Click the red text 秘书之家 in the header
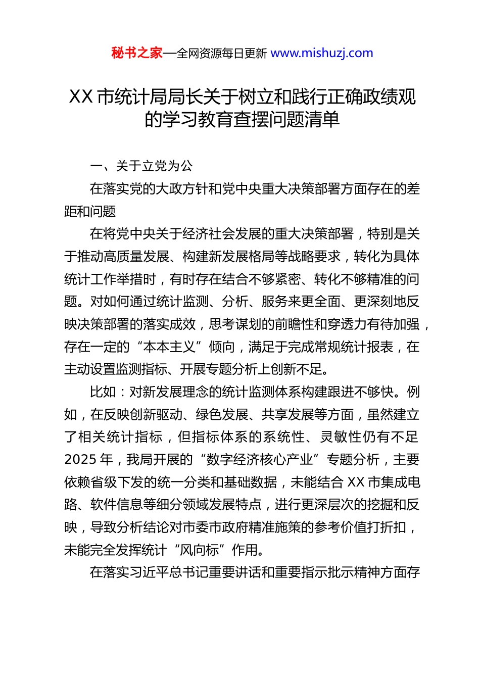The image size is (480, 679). (x=137, y=53)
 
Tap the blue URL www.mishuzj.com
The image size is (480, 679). (x=322, y=53)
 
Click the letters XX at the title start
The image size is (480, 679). (x=80, y=96)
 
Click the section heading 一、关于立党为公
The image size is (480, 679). (x=141, y=166)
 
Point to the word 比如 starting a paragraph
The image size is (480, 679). (x=103, y=392)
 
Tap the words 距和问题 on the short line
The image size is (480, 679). (x=90, y=212)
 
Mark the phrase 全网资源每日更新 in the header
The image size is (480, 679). (x=221, y=53)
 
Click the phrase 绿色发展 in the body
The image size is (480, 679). (x=222, y=414)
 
